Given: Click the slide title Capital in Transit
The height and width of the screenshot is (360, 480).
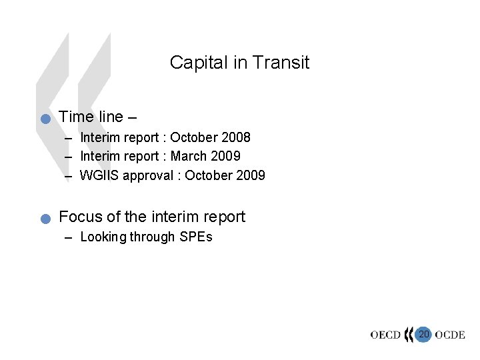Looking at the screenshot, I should pyautogui.click(x=239, y=63).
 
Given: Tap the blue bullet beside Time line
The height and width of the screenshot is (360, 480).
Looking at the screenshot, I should pyautogui.click(x=45, y=119).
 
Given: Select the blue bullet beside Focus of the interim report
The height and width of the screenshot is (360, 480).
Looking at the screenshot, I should pyautogui.click(x=45, y=219).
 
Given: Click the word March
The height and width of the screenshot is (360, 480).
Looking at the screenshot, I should pyautogui.click(x=189, y=157).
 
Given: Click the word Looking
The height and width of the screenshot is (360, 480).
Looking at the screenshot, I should pyautogui.click(x=103, y=237).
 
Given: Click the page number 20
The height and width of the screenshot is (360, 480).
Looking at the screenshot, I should pyautogui.click(x=423, y=333).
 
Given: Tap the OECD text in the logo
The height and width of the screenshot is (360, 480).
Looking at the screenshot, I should pyautogui.click(x=385, y=335).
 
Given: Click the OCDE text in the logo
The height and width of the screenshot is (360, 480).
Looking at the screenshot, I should pyautogui.click(x=450, y=335).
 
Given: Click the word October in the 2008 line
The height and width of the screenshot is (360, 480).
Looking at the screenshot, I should pyautogui.click(x=194, y=138).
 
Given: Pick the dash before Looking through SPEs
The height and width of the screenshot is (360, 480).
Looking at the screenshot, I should pyautogui.click(x=69, y=237).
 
